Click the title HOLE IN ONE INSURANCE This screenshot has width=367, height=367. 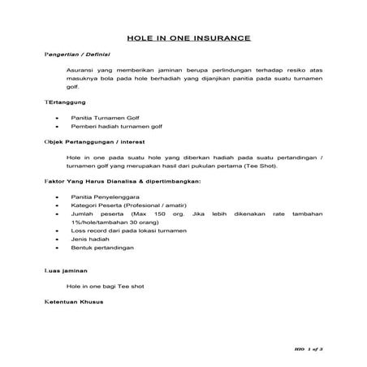click(x=188, y=38)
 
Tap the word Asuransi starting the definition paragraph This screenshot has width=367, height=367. click(x=82, y=72)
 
